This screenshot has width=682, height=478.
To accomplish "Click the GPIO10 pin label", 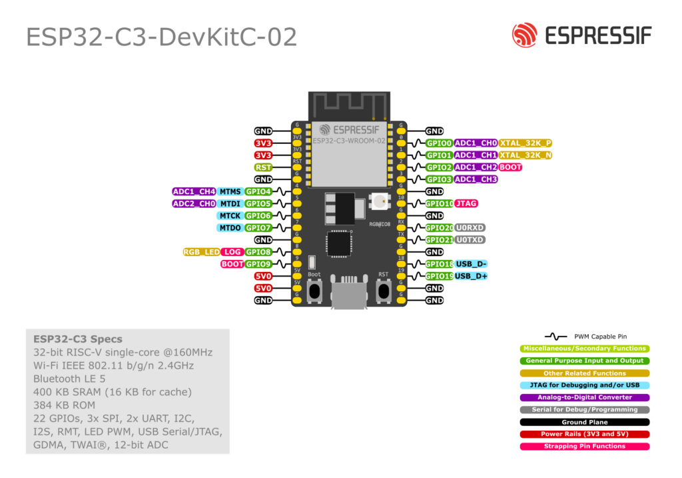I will (439, 203).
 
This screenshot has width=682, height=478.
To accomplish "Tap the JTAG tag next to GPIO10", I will (466, 203).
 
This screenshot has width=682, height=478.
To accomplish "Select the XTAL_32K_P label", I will (525, 143).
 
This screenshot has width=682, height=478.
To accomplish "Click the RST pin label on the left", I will (263, 167).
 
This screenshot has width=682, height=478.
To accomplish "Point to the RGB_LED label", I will (202, 252).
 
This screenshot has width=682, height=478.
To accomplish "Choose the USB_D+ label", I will (472, 276).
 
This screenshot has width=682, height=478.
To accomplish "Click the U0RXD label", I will (470, 227).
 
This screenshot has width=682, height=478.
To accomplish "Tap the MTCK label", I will (230, 216).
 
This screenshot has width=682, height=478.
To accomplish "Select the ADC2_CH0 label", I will (194, 203).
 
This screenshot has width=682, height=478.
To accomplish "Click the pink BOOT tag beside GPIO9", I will (232, 264).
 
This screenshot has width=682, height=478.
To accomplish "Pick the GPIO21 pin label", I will (439, 239).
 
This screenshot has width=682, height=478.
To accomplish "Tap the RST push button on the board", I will (384, 291).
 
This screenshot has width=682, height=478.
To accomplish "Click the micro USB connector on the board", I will (349, 295).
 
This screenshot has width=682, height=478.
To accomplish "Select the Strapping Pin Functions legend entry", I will (584, 447).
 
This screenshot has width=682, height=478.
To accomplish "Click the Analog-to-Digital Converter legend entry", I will (584, 397).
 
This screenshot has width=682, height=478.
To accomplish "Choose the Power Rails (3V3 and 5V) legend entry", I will (584, 434).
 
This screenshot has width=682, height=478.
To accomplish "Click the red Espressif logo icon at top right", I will (525, 35).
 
